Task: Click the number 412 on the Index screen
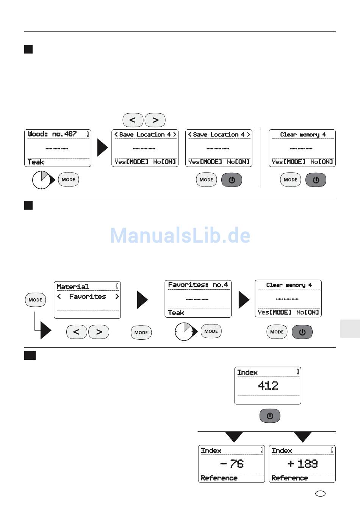coord(268,386)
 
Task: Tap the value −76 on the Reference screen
coord(232,464)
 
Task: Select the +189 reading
coord(302,464)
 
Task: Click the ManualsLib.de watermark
coord(180,235)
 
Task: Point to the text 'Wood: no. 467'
coord(52,134)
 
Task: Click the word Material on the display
coord(73,287)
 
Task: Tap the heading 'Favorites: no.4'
coord(198,285)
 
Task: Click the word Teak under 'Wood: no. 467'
coord(36,162)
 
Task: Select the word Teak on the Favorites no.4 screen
coord(176,313)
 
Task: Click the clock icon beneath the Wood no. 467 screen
coord(41,180)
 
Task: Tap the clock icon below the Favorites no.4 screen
coord(184,332)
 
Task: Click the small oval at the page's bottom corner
coord(320,494)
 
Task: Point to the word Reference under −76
coord(219,478)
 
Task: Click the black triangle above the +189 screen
coord(302,436)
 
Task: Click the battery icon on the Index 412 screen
coord(297,372)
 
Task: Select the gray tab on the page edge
coord(350,328)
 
